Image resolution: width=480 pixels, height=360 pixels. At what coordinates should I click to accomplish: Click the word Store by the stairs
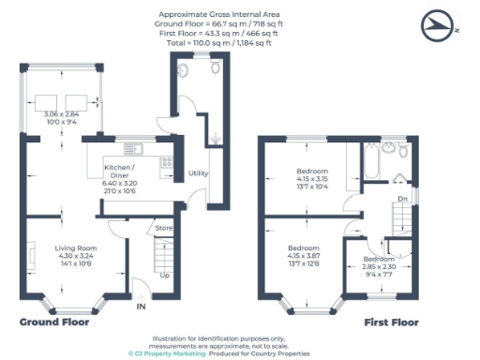165,227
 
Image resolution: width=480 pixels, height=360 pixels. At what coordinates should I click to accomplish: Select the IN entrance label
141,307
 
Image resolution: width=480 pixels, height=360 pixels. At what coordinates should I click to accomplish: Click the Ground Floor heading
54,322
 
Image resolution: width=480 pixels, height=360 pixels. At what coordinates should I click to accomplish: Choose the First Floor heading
391,322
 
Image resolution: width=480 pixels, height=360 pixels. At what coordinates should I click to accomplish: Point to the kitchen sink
131,147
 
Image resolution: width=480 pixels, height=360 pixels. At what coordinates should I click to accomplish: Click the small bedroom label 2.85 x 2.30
379,266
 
